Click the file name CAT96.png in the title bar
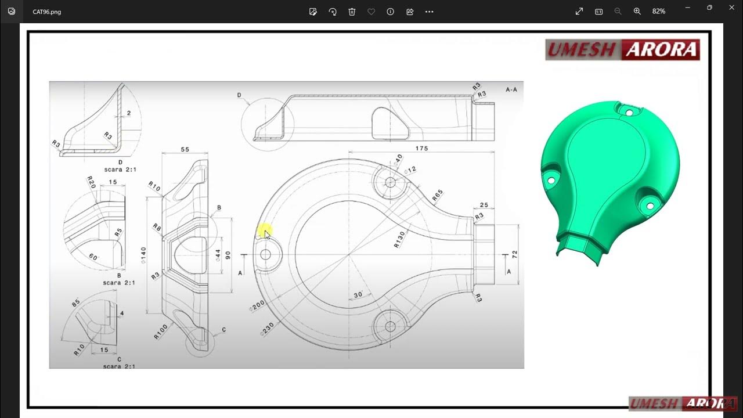[46, 12]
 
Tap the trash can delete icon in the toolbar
[352, 12]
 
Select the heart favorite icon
[371, 12]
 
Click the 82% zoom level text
[658, 12]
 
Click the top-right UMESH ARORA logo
[622, 50]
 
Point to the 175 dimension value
[421, 149]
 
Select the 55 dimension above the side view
[185, 149]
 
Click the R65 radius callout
[438, 196]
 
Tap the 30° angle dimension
[359, 295]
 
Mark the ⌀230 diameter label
[267, 329]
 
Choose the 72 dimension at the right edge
[514, 254]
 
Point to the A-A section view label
[511, 90]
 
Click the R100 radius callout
[161, 331]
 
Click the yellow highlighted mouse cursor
[264, 232]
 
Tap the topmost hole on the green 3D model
[627, 112]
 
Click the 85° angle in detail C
[76, 303]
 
